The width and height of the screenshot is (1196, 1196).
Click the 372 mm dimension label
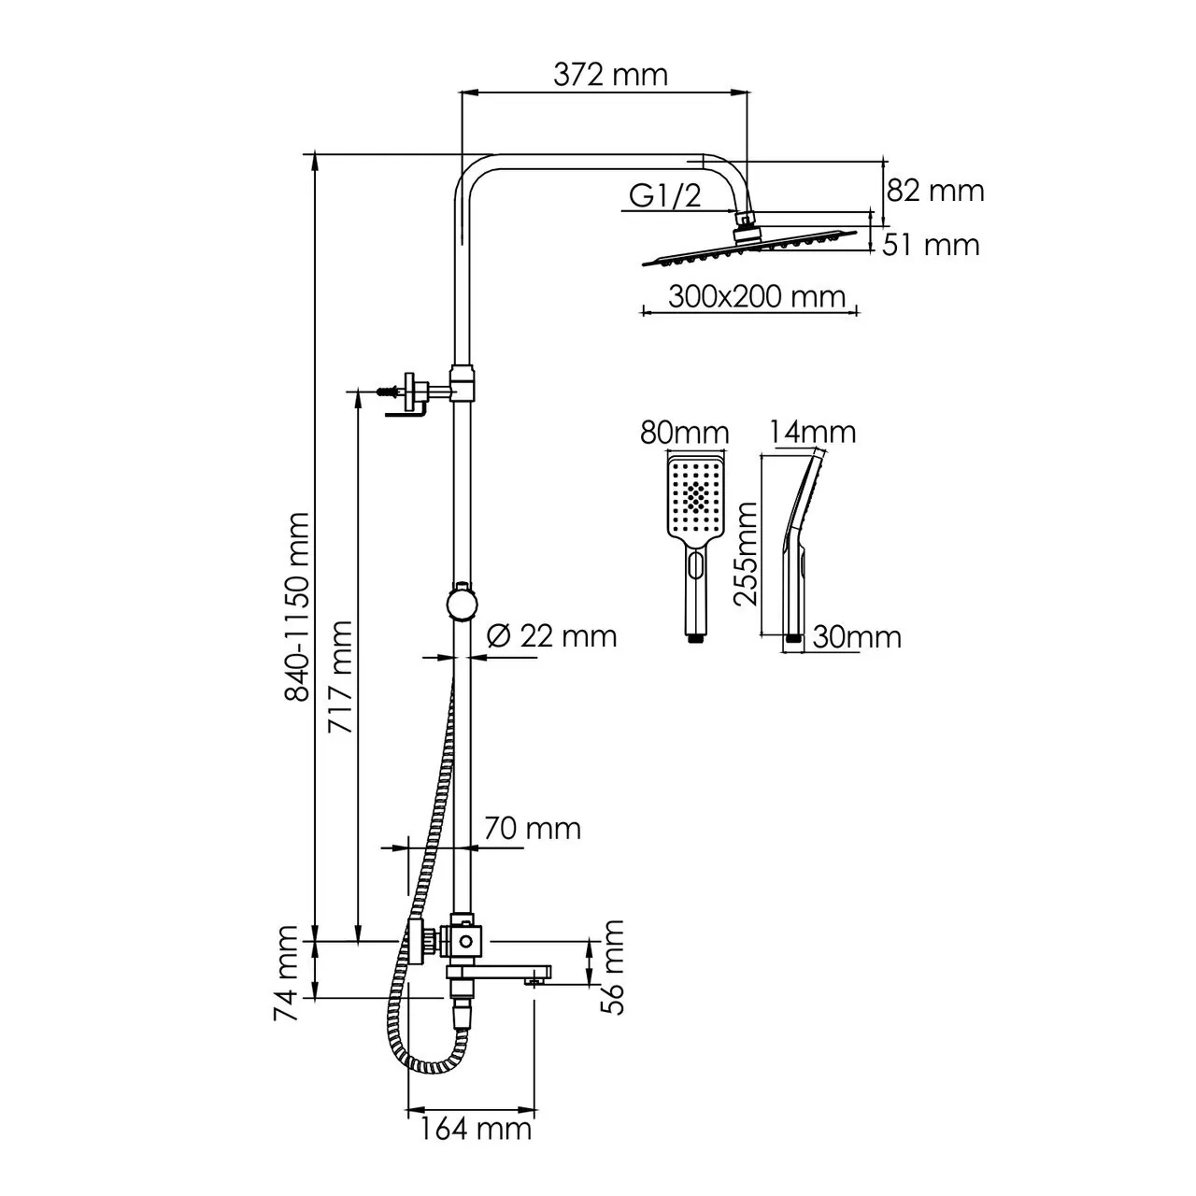pyautogui.click(x=610, y=74)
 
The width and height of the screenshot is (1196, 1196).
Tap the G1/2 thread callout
pyautogui.click(x=664, y=195)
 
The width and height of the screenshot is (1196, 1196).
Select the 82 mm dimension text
pyautogui.click(x=934, y=191)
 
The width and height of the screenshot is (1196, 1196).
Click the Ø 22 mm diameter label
pyautogui.click(x=553, y=635)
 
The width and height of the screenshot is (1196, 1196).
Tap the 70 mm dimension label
pyautogui.click(x=532, y=828)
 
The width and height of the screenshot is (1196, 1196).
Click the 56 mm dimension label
pyautogui.click(x=613, y=966)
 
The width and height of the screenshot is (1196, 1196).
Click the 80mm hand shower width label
pyautogui.click(x=684, y=434)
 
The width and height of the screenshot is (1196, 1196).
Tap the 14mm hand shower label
pyautogui.click(x=813, y=433)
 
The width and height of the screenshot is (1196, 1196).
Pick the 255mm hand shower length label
pyautogui.click(x=746, y=553)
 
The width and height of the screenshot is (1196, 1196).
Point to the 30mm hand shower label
pyautogui.click(x=856, y=637)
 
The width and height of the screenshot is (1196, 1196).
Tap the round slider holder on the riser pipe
pyautogui.click(x=462, y=602)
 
